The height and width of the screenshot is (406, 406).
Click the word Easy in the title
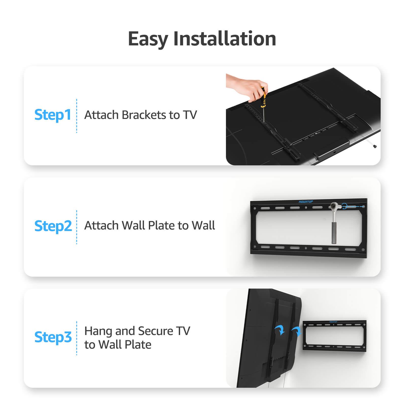148,39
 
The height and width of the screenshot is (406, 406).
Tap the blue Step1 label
52,115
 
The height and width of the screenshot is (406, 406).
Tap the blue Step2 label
53,226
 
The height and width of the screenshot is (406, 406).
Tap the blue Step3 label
53,337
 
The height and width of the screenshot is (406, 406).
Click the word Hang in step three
98,331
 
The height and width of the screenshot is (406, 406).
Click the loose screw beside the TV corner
375,146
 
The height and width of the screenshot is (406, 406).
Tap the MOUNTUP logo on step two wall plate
306,202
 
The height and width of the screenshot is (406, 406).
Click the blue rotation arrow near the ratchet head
344,206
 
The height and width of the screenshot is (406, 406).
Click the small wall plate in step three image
334,336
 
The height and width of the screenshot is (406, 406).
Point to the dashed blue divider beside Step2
77,227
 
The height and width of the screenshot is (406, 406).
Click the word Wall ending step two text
203,225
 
